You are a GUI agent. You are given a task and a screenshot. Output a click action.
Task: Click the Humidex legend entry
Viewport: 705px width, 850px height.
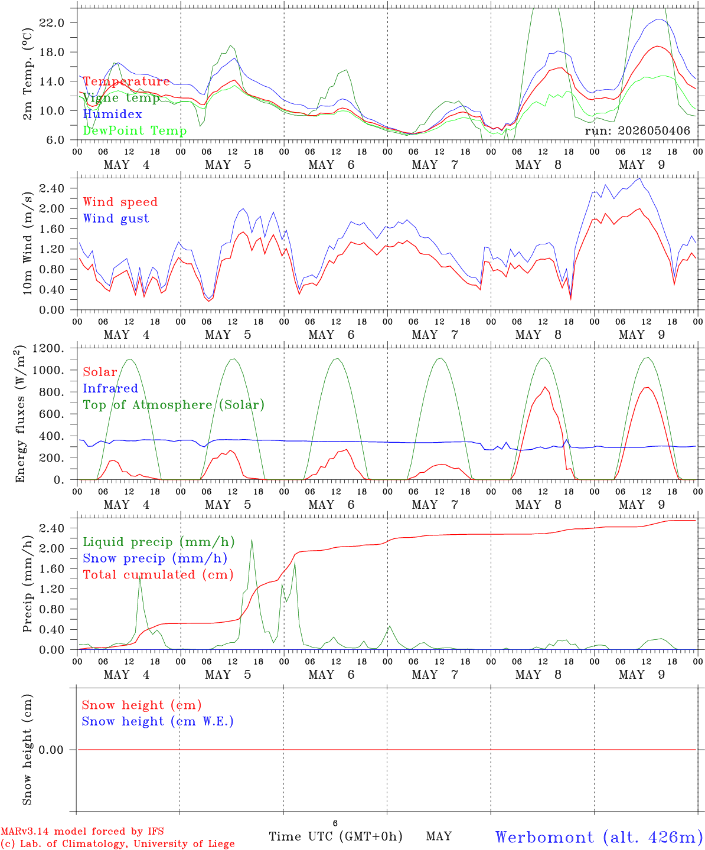pyautogui.click(x=112, y=114)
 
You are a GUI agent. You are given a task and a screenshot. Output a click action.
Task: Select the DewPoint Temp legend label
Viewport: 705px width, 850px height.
pyautogui.click(x=135, y=130)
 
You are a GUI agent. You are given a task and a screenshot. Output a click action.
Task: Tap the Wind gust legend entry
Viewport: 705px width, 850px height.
pyautogui.click(x=116, y=218)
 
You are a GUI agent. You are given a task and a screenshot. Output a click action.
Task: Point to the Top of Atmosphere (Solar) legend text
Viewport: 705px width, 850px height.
pyautogui.click(x=174, y=405)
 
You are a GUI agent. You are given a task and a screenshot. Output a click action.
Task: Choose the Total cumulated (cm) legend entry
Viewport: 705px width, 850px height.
pyautogui.click(x=158, y=574)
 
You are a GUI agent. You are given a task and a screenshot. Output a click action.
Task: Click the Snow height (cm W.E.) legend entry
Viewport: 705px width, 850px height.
pyautogui.click(x=158, y=721)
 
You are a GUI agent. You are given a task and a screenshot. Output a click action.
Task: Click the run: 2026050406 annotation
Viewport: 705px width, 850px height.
pyautogui.click(x=637, y=130)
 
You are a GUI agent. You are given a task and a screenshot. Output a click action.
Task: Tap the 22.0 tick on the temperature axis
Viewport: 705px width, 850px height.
pyautogui.click(x=52, y=23)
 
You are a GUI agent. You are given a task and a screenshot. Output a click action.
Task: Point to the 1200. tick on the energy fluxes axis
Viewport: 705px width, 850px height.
pyautogui.click(x=48, y=348)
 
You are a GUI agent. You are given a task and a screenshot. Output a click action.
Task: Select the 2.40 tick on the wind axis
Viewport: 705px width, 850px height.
pyautogui.click(x=52, y=188)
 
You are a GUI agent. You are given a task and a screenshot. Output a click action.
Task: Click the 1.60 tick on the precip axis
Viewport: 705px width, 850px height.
pyautogui.click(x=52, y=568)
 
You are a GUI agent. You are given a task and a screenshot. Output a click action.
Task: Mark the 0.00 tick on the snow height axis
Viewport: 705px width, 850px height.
pyautogui.click(x=51, y=750)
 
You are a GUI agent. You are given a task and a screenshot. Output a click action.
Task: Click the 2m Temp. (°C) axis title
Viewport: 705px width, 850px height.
pyautogui.click(x=27, y=74)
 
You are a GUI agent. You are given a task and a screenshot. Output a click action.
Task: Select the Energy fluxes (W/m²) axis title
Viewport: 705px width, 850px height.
pyautogui.click(x=19, y=414)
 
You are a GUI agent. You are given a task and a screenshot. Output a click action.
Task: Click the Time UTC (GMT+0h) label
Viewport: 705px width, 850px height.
pyautogui.click(x=335, y=836)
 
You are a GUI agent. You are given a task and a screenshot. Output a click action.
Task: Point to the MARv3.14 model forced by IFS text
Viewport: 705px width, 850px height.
pyautogui.click(x=82, y=831)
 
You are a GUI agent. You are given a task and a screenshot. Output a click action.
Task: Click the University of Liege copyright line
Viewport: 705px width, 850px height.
pyautogui.click(x=117, y=844)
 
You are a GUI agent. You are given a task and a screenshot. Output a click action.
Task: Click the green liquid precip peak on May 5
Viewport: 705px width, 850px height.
pyautogui.click(x=252, y=540)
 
